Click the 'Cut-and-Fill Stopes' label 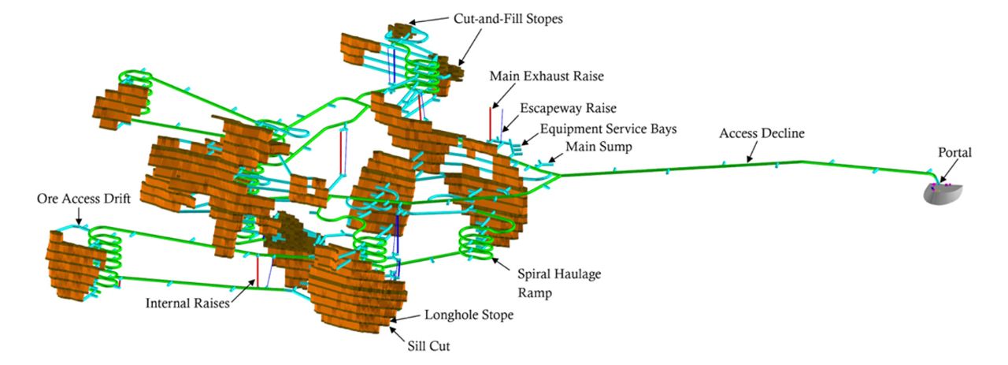click(x=507, y=19)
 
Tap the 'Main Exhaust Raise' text click(x=546, y=76)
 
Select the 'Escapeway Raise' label click(x=568, y=108)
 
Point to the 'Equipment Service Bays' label click(x=608, y=128)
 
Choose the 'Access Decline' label click(x=762, y=134)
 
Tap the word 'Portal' click(x=954, y=152)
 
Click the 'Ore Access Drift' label click(x=83, y=197)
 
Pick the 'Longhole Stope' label click(x=469, y=315)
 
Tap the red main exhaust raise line click(x=490, y=122)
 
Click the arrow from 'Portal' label click(x=947, y=171)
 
